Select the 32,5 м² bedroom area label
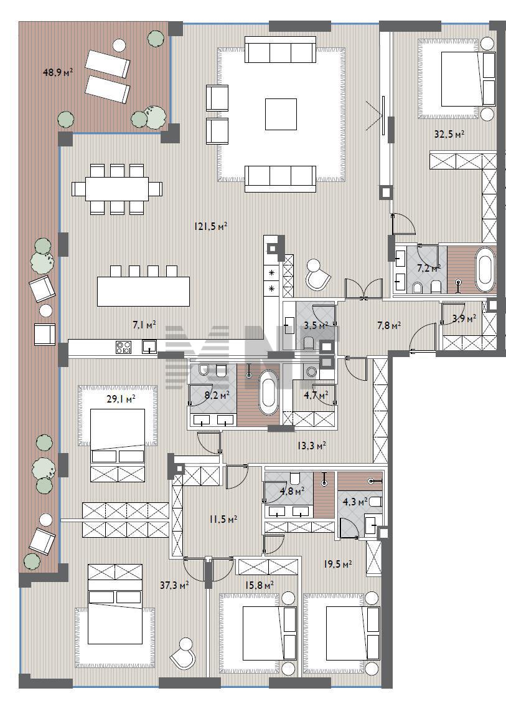point(449,134)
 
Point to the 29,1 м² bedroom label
point(121,399)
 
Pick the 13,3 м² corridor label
point(312,445)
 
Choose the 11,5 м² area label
point(223,519)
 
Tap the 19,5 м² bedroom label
point(337,564)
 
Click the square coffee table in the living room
point(281,114)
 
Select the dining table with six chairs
point(117,189)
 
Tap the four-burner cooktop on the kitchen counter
point(123,348)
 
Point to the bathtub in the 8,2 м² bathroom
point(268,393)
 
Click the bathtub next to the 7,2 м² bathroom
point(485,270)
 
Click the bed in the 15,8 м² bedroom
point(260,633)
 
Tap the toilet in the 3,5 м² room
point(309,343)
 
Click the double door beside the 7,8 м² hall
point(363,289)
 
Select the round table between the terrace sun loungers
point(119,45)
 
